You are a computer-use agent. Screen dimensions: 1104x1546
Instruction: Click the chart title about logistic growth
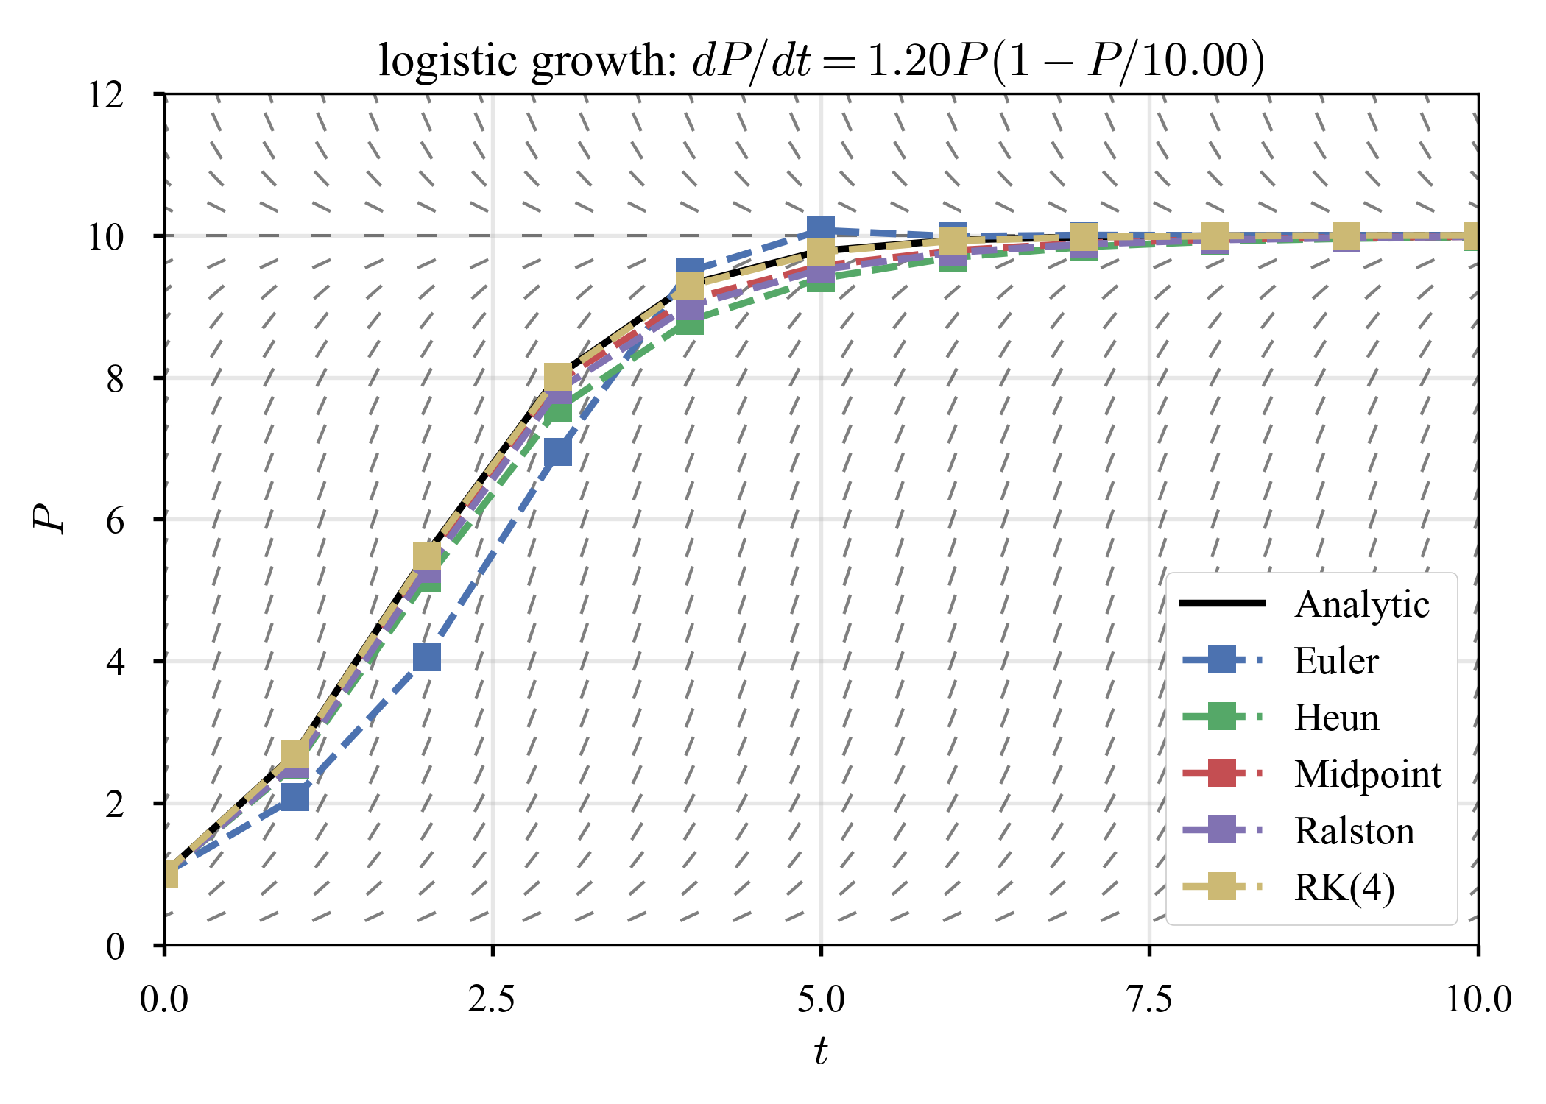(821, 60)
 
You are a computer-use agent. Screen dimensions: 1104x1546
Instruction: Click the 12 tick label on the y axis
(106, 96)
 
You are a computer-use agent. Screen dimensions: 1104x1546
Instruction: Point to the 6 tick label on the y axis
(115, 521)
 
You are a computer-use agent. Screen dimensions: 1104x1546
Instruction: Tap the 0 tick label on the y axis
(115, 946)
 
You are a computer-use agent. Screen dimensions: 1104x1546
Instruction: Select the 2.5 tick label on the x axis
(493, 999)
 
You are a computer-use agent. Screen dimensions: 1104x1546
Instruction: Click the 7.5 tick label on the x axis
(1149, 999)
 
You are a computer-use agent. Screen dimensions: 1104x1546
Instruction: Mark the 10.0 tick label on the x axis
(1478, 999)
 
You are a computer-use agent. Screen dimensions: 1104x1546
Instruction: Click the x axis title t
(821, 1051)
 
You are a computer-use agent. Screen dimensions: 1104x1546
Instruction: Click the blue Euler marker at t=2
(427, 657)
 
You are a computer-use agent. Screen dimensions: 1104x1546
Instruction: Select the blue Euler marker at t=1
(295, 797)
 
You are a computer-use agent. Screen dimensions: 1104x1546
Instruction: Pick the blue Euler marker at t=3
(558, 452)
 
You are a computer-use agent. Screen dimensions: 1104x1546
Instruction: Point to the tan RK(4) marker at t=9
(1346, 236)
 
